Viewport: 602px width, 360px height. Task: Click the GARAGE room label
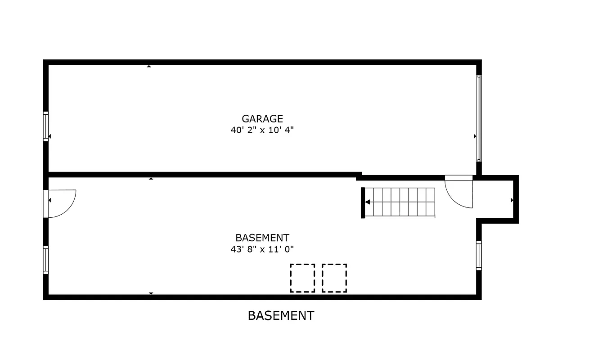tap(262, 119)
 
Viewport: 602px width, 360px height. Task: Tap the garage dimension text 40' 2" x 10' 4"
tap(262, 130)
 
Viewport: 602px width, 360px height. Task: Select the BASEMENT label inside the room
tap(262, 238)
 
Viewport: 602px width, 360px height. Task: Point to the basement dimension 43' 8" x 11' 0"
tap(262, 249)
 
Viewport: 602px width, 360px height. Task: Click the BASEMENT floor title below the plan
tap(281, 315)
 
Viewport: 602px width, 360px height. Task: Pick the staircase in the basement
tap(400, 202)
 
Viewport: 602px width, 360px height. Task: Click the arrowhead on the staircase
tap(368, 202)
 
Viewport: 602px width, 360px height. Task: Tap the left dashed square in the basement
tap(302, 278)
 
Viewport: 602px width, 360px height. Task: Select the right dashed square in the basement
tap(334, 278)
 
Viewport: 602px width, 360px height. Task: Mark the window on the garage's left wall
tap(45, 126)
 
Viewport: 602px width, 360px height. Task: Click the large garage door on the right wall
tap(479, 118)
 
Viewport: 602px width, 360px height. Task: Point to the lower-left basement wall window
tap(45, 260)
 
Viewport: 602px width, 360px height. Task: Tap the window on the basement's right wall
tap(479, 255)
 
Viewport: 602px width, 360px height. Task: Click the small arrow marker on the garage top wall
tap(149, 67)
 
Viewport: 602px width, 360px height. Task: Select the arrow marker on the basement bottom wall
tap(151, 293)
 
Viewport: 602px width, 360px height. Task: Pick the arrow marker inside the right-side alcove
tap(512, 199)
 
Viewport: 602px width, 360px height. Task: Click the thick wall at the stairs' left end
tap(363, 203)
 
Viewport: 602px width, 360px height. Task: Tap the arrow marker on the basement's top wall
tap(151, 179)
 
